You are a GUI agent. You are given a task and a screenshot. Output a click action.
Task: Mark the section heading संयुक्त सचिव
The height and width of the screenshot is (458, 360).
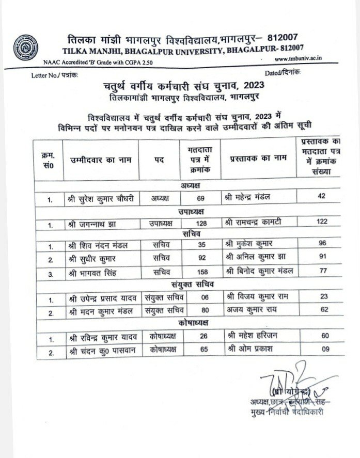pos(194,285)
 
